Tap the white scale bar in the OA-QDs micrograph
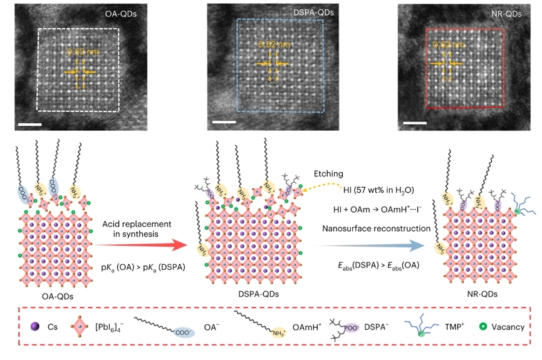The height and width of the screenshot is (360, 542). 29,125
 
